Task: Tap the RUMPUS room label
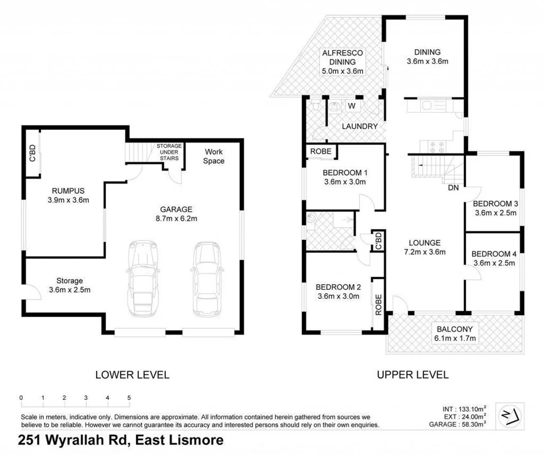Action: point(62,190)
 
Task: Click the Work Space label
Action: point(214,156)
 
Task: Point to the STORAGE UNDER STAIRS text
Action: point(169,152)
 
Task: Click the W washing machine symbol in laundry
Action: point(351,106)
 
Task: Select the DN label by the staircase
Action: point(454,188)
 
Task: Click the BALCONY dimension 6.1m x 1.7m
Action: point(455,338)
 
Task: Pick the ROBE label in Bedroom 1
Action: point(321,151)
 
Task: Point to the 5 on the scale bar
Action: point(129,398)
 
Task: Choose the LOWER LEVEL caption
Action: point(132,375)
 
